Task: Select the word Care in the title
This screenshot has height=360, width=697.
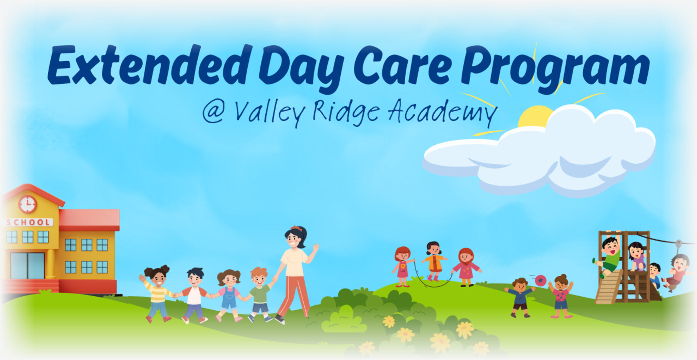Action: coord(403,65)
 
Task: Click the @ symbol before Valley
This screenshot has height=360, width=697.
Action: coord(213,112)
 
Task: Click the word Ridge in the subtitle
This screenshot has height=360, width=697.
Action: coord(345,112)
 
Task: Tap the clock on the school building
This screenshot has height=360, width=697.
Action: coord(28,204)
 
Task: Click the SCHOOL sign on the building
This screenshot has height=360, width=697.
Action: coord(29,223)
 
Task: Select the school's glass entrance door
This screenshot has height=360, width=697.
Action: coord(27,265)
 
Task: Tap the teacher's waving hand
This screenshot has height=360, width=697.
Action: coord(316,247)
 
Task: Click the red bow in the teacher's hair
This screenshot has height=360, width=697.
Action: coord(295,228)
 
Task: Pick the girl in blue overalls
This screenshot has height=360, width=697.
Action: coord(229,294)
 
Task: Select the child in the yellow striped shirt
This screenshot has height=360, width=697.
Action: coord(158,293)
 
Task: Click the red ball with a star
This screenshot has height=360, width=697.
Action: coord(540,281)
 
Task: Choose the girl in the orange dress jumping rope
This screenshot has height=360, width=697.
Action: coord(434,260)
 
